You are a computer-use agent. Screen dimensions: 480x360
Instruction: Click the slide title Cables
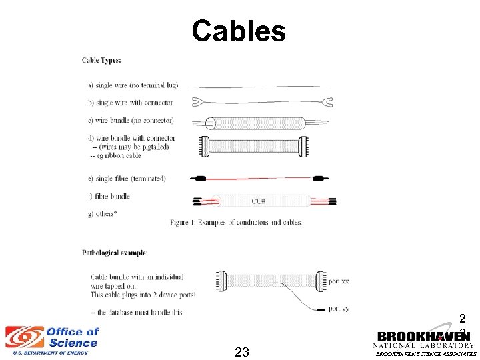239,31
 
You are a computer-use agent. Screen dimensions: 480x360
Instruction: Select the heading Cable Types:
101,61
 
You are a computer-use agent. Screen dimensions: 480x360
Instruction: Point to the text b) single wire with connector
130,103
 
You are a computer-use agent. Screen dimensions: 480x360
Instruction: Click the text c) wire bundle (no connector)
131,121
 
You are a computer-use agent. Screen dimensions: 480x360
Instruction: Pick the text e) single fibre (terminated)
127,179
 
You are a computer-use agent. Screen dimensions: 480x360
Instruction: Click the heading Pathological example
115,253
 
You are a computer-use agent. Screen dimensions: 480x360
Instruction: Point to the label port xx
339,281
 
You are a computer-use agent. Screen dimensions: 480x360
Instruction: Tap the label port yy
339,308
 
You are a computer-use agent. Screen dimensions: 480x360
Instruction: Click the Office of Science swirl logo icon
24,337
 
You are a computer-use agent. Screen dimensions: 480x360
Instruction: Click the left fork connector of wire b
197,102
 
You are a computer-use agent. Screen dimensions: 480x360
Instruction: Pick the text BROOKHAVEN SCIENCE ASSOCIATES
426,355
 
